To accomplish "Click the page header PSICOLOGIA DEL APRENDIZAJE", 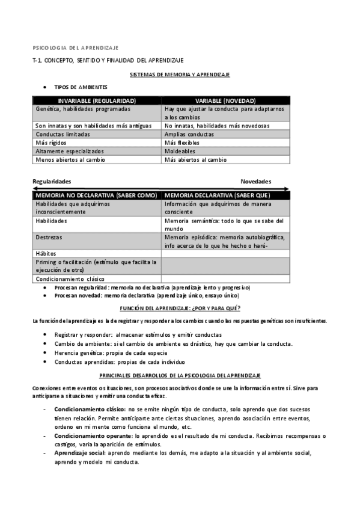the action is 75,47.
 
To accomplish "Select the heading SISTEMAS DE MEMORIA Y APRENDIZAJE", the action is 180,74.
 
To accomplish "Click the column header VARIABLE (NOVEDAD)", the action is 225,100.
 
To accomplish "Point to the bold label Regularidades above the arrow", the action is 52,182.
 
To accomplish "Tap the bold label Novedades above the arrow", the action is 256,182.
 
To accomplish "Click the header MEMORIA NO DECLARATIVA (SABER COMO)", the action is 96,195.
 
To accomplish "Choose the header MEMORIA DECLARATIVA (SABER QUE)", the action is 217,195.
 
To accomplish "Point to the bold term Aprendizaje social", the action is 79,452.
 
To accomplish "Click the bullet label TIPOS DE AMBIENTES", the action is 81,87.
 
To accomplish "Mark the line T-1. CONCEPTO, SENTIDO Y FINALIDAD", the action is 108,61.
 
